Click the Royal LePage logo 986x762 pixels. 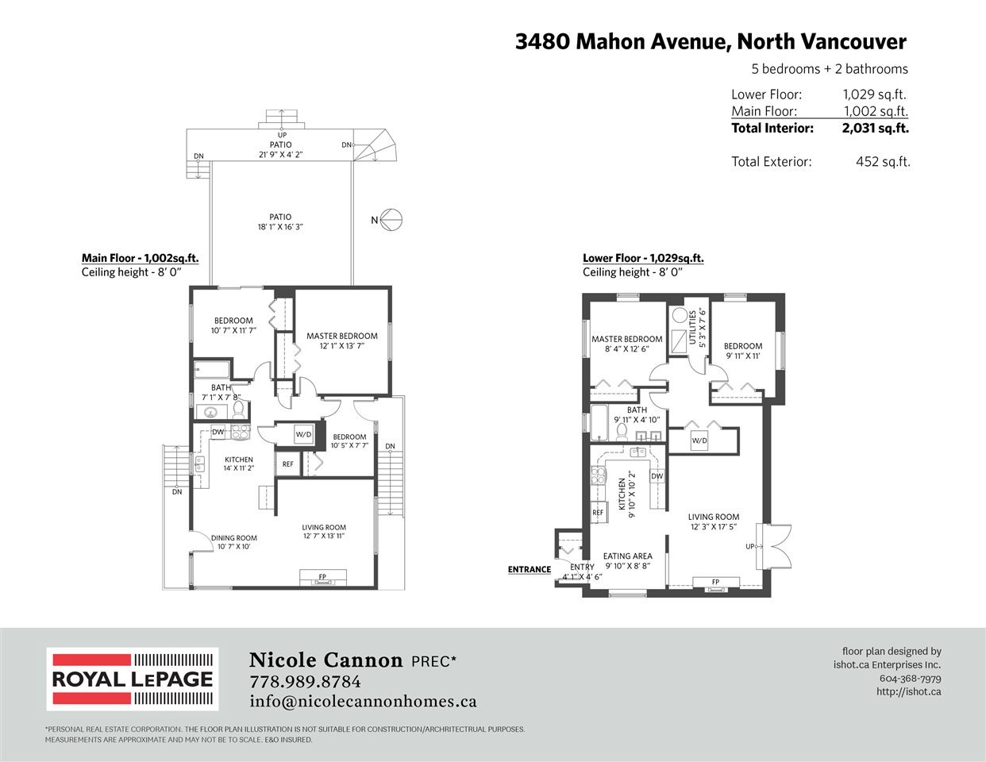point(133,679)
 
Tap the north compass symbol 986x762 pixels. point(391,220)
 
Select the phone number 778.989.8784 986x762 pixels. point(305,682)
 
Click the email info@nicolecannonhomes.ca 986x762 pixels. point(363,702)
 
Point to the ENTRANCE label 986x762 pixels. point(529,569)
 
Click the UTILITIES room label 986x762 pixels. point(692,328)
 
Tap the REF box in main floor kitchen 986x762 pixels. point(287,464)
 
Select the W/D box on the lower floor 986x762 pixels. point(699,441)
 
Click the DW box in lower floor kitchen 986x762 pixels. point(657,476)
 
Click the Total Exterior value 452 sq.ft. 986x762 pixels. point(883,162)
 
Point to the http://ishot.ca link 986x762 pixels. point(908,691)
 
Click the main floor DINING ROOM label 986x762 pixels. point(234,538)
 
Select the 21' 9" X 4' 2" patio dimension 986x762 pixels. point(280,155)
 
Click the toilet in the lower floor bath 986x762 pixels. point(622,433)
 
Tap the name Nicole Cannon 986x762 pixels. point(325,660)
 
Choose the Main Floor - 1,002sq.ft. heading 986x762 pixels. point(141,259)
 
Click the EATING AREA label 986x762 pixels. point(627,556)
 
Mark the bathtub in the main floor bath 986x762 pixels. point(212,369)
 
